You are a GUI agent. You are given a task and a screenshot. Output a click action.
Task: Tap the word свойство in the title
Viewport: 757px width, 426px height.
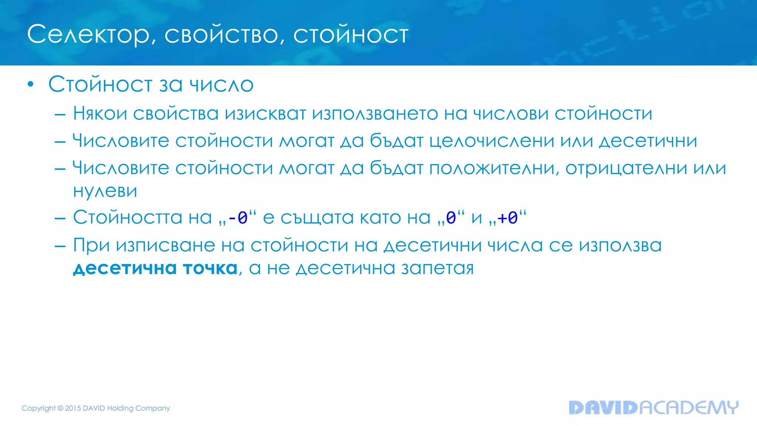click(221, 35)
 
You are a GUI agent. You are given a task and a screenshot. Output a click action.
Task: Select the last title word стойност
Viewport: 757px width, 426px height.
click(351, 35)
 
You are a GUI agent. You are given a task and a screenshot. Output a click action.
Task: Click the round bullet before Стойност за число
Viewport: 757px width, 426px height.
click(31, 85)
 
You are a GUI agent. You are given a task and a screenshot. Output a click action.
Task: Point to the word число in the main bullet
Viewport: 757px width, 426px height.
click(221, 85)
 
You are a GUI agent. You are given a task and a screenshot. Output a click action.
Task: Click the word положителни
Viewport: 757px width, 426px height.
click(494, 169)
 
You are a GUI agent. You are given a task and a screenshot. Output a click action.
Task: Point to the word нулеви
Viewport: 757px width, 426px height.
click(105, 191)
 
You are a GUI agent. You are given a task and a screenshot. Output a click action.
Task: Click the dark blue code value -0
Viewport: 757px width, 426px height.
click(238, 218)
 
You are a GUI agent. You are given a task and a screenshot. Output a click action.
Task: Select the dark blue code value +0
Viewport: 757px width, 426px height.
click(508, 218)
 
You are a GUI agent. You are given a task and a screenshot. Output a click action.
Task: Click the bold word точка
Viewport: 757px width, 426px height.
click(210, 268)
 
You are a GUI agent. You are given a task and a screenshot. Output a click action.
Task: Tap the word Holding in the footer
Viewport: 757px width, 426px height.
click(120, 408)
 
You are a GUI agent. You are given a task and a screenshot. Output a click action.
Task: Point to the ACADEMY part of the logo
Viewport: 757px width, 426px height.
click(689, 408)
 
